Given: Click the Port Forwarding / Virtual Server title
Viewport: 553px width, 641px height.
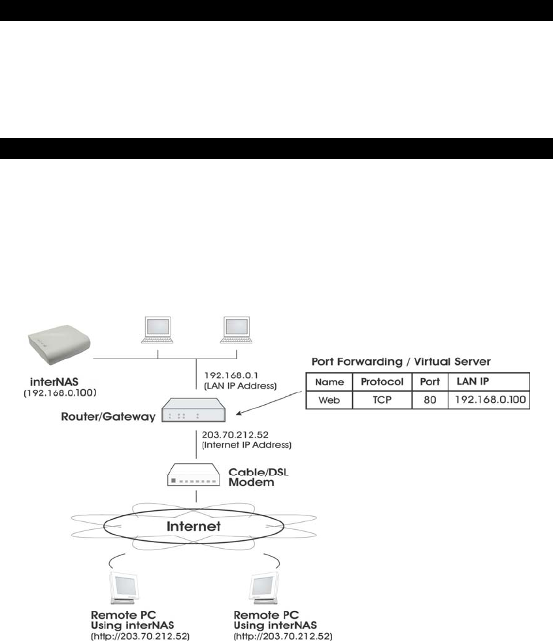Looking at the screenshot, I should [x=401, y=361].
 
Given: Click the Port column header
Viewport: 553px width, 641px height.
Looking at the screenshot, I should [x=429, y=381].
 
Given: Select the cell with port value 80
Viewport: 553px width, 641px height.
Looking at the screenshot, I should [x=429, y=399].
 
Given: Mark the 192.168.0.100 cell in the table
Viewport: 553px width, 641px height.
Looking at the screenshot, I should [x=488, y=399].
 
